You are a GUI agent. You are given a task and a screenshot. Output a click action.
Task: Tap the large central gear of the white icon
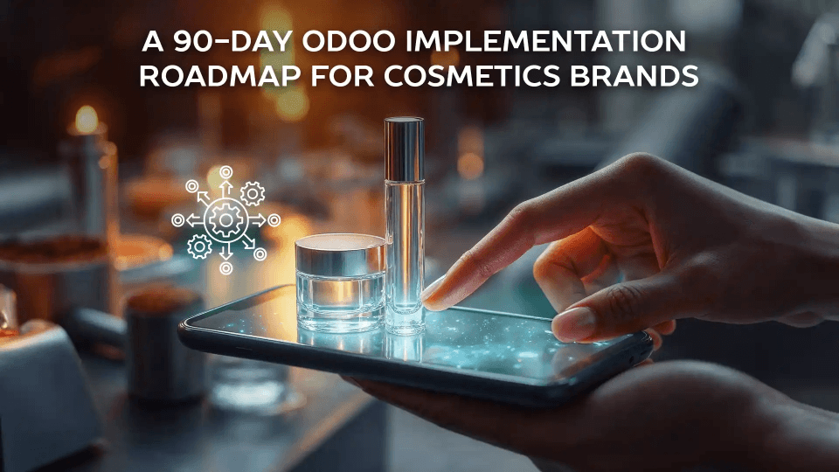(x=225, y=220)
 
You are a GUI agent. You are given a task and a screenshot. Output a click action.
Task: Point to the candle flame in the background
(x=86, y=120)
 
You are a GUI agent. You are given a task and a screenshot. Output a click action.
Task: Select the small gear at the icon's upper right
(x=252, y=193)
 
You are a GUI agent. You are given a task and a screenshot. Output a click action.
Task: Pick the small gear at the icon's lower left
(x=200, y=247)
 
